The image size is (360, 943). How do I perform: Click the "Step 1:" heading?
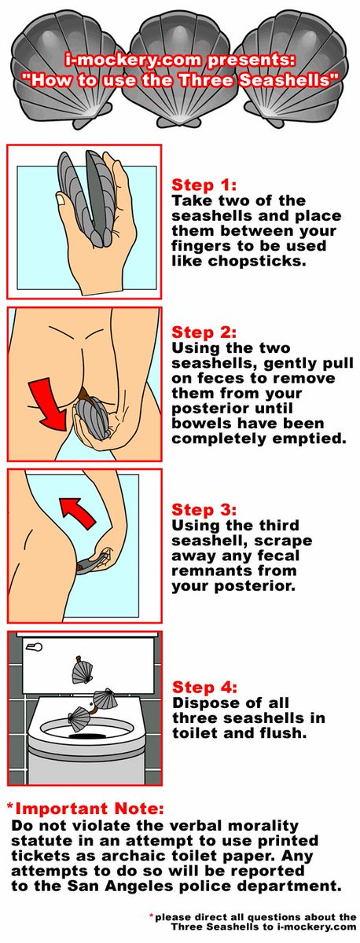(204, 185)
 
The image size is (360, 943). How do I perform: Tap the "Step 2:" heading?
(204, 332)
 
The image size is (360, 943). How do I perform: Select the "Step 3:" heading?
(204, 509)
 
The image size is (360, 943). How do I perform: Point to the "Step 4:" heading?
(204, 687)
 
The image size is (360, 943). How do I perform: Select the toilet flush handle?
(34, 647)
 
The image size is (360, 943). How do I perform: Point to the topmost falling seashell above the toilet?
(81, 670)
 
